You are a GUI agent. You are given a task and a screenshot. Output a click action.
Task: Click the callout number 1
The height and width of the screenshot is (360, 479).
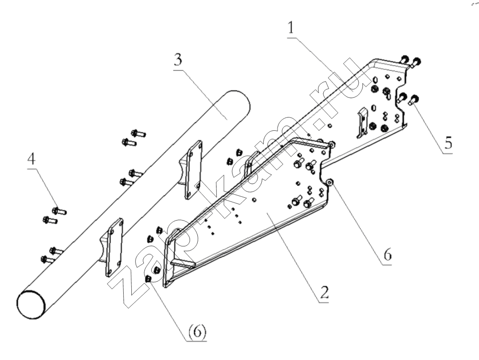[291, 28]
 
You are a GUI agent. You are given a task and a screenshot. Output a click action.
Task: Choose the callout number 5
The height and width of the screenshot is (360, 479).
[447, 142]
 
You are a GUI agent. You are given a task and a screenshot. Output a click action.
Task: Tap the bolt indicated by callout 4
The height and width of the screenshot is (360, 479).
[59, 211]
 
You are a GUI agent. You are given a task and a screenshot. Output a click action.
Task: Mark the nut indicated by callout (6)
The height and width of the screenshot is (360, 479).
[149, 279]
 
